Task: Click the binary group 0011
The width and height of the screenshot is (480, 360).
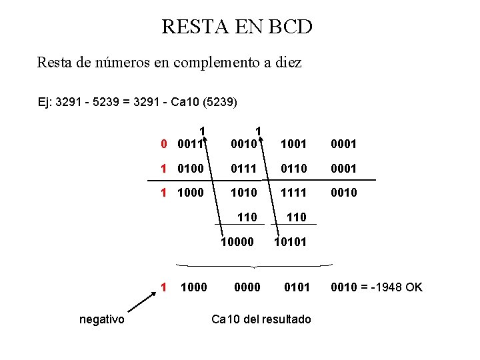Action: coord(191,143)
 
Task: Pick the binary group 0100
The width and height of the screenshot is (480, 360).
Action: coord(191,168)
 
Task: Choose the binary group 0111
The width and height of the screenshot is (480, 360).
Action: coord(244,168)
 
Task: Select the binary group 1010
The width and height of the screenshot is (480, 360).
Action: coord(244,193)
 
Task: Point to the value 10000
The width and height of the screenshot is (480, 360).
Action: coord(237,242)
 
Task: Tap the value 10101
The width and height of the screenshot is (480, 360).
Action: coord(291,242)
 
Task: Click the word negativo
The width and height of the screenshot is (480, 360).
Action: coord(101,319)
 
